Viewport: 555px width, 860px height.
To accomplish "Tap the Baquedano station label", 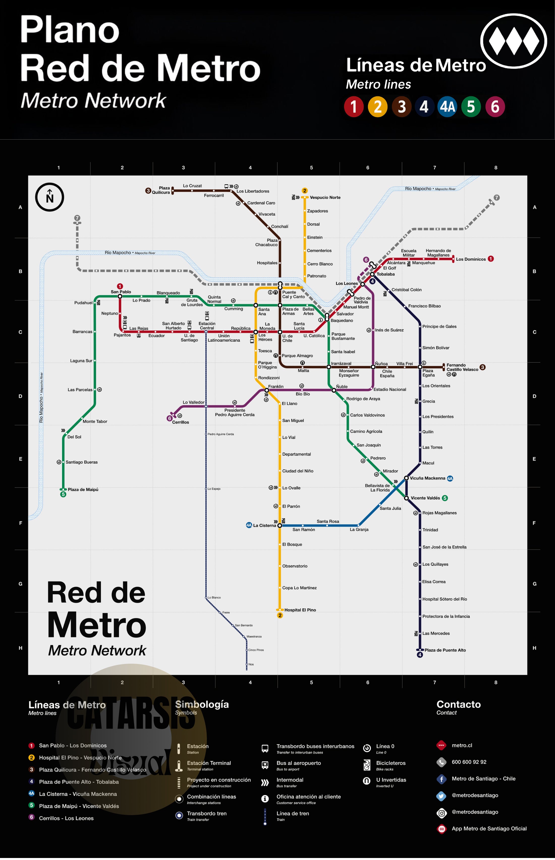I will (342, 320).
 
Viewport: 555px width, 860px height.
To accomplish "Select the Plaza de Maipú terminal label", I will (83, 490).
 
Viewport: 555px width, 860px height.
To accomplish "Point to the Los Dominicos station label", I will (471, 259).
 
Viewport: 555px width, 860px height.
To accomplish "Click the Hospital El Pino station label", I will (300, 610).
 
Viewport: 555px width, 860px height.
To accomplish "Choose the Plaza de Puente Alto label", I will (445, 650).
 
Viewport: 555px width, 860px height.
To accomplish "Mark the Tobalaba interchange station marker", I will (372, 274).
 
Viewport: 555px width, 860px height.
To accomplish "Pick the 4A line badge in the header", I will (447, 107).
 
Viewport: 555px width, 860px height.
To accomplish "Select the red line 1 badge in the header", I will (353, 107).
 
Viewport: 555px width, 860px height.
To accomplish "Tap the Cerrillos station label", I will (180, 422).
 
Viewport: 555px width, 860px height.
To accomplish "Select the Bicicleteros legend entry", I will (391, 763).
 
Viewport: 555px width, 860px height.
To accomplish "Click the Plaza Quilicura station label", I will (161, 190).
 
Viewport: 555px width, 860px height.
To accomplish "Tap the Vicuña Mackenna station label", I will (427, 478).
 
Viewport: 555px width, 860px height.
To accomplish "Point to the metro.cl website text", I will (462, 745).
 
